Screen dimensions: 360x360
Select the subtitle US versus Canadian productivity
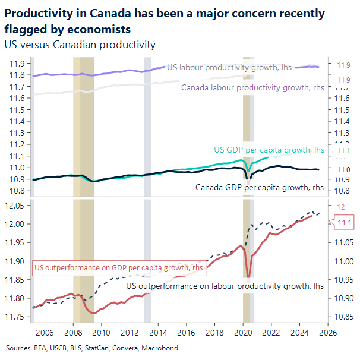[x=80, y=45]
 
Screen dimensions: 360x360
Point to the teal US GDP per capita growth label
[x=269, y=150]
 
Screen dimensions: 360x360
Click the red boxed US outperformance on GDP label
[x=118, y=268]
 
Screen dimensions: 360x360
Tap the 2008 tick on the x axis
[x=73, y=333]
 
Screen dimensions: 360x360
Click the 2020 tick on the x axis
[x=244, y=333]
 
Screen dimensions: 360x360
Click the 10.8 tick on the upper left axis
[x=16, y=191]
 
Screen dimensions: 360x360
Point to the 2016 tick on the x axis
[x=187, y=333]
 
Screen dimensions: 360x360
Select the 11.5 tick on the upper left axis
[x=16, y=110]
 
